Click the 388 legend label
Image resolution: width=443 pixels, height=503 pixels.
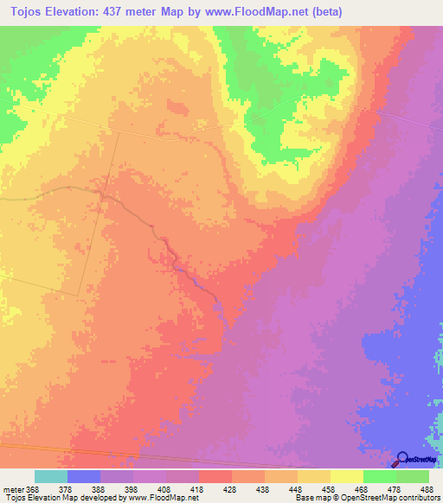[x=100, y=488]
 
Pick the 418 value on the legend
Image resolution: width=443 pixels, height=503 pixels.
[x=198, y=488]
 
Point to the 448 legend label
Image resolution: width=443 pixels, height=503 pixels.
[x=296, y=488]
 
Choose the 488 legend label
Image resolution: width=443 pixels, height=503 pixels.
[x=426, y=488]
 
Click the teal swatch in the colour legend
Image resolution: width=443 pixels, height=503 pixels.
[x=51, y=476]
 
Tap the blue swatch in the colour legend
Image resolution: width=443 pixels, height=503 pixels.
[x=84, y=476]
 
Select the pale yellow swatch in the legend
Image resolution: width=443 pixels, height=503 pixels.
[x=346, y=476]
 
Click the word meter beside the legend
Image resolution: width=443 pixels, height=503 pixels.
[x=11, y=488]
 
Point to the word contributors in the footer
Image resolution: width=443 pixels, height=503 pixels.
[x=420, y=498]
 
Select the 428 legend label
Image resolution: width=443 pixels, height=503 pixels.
[x=231, y=488]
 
